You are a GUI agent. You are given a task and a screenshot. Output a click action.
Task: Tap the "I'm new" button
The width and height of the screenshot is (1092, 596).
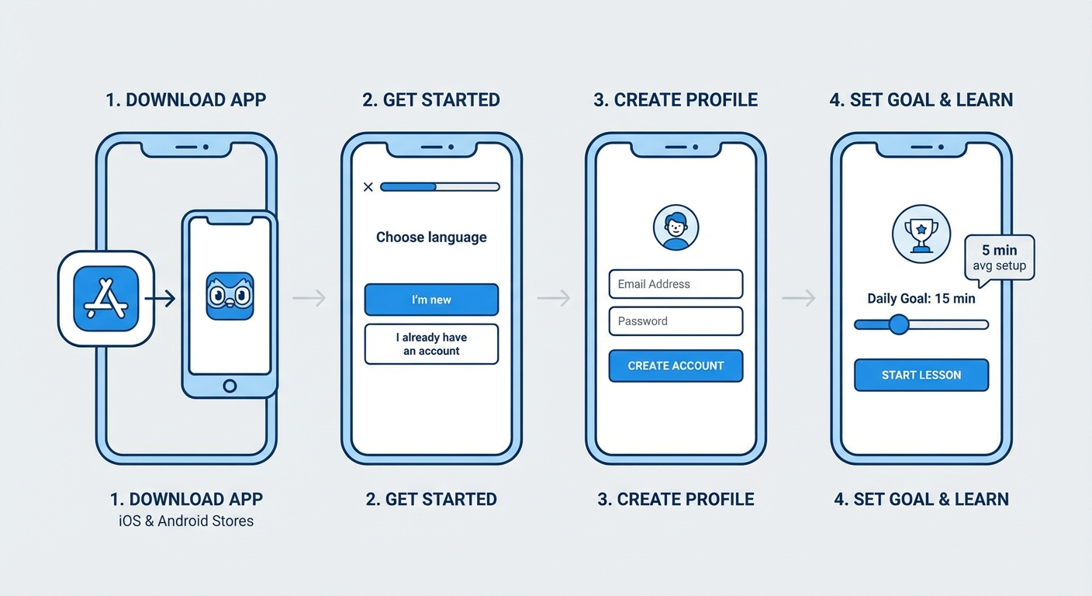click(x=431, y=300)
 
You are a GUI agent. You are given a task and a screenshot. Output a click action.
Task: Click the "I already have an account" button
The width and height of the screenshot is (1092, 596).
click(x=431, y=344)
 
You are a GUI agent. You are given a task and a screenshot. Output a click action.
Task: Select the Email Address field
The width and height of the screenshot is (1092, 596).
click(x=676, y=284)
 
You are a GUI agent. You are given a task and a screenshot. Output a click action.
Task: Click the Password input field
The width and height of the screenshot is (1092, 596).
click(x=676, y=321)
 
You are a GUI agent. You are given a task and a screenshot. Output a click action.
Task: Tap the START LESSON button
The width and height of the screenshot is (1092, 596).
click(x=921, y=375)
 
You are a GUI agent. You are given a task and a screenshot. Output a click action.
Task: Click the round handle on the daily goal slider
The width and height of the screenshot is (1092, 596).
click(x=899, y=324)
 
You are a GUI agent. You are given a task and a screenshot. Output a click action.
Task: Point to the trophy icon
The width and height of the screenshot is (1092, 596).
click(x=921, y=234)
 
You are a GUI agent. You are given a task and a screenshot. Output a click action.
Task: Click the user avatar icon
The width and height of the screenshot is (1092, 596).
click(x=676, y=227)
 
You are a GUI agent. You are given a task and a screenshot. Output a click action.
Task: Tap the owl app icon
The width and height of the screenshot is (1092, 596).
click(x=230, y=296)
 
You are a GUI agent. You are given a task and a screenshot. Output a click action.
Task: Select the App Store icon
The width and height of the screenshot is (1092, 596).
click(x=106, y=299)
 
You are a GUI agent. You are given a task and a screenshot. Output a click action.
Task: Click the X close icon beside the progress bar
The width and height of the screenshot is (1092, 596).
click(x=368, y=187)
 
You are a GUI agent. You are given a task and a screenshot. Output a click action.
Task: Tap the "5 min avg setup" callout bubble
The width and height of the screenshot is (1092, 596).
click(x=999, y=258)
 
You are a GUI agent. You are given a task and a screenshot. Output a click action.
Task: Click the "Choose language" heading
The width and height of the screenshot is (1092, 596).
click(x=431, y=237)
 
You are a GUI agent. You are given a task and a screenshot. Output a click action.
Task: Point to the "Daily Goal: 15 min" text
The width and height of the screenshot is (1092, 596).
click(x=921, y=298)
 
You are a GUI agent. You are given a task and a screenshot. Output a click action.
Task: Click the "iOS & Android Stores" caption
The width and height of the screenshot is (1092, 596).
click(x=186, y=521)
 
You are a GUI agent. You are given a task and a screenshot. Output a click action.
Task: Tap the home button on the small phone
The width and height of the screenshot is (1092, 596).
click(x=230, y=386)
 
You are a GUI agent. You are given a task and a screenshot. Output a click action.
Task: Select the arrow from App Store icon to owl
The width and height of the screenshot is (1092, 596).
click(x=160, y=299)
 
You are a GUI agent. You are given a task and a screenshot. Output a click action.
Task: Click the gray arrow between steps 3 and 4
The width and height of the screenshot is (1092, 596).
click(x=798, y=298)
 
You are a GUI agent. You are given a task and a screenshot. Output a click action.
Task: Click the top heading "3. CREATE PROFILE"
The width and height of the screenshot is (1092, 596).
click(x=675, y=100)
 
